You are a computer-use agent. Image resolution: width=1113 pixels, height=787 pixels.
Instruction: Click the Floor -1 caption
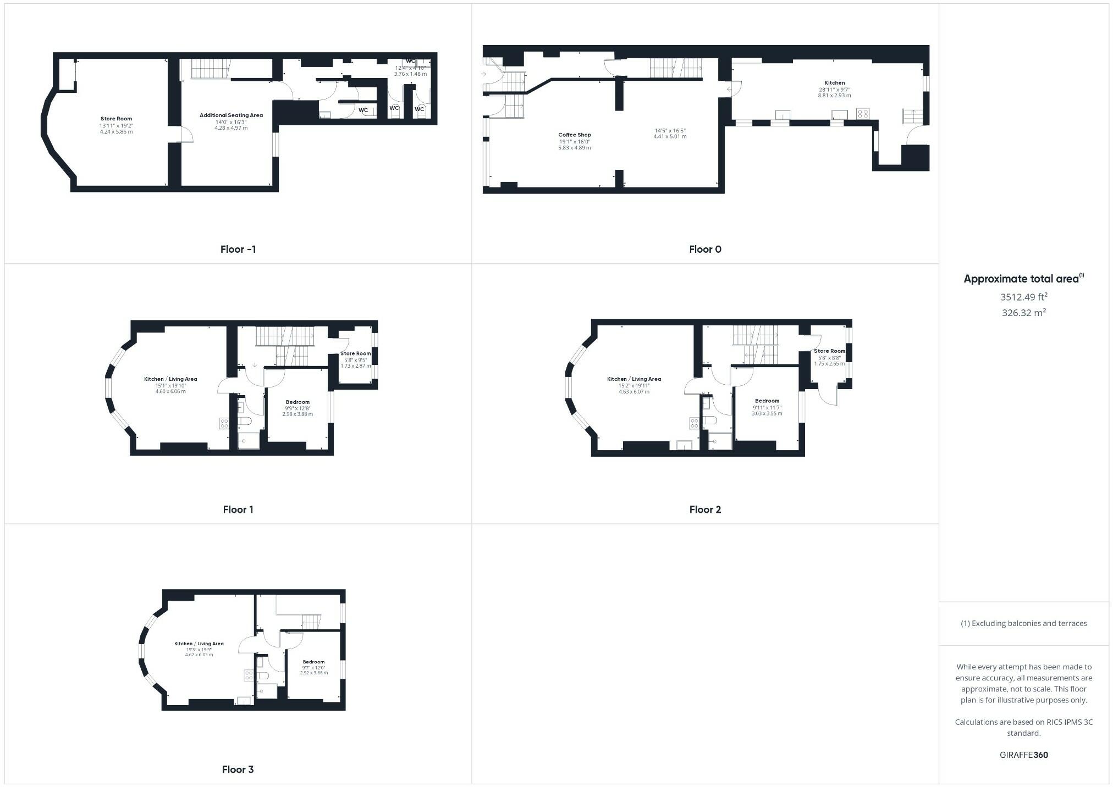(x=238, y=249)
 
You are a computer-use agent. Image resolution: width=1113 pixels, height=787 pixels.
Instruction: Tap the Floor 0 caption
(x=705, y=249)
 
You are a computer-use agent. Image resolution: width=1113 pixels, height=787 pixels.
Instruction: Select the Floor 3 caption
(x=238, y=769)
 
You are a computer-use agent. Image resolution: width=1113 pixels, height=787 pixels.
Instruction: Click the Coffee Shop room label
(x=575, y=135)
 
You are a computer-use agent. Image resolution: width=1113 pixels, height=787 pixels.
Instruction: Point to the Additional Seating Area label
(x=231, y=115)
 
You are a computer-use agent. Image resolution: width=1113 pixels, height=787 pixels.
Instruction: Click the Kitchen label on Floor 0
(x=834, y=83)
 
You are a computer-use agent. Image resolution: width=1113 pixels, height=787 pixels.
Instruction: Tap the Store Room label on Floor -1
(x=116, y=119)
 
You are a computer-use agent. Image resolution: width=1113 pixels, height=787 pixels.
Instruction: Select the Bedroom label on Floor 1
(x=297, y=402)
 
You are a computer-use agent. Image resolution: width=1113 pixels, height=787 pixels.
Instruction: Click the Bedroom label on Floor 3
(x=313, y=662)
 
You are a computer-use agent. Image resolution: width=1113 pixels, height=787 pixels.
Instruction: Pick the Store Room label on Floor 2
(x=829, y=351)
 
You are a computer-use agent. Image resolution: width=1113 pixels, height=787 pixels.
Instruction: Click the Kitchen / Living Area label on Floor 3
(x=199, y=644)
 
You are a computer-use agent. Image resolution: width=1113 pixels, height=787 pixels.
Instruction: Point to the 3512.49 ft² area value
(x=1023, y=297)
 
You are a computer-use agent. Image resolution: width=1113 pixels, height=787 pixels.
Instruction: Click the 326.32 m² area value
(x=1023, y=313)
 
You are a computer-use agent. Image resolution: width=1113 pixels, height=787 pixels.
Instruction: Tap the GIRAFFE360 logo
(x=1023, y=755)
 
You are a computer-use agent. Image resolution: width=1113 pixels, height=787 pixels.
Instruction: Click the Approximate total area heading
(x=1022, y=279)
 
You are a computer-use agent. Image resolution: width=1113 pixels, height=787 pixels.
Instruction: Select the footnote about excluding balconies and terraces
(x=1023, y=623)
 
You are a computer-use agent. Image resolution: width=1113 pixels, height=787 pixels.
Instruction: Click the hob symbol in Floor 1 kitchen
(x=224, y=423)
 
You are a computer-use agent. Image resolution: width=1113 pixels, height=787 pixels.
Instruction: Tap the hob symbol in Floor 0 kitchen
(x=863, y=114)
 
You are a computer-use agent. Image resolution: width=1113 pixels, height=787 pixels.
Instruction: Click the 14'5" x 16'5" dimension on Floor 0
(x=670, y=130)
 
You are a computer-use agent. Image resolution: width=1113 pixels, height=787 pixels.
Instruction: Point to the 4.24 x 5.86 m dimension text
(x=116, y=132)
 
